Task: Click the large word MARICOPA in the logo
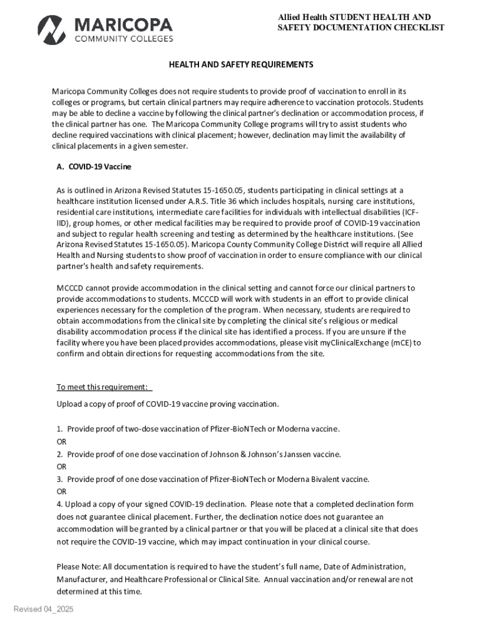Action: (124, 24)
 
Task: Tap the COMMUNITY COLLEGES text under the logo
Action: (124, 39)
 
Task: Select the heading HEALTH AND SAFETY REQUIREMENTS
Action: (240, 65)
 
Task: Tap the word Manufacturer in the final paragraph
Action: (81, 580)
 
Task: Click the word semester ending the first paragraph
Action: (169, 146)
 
